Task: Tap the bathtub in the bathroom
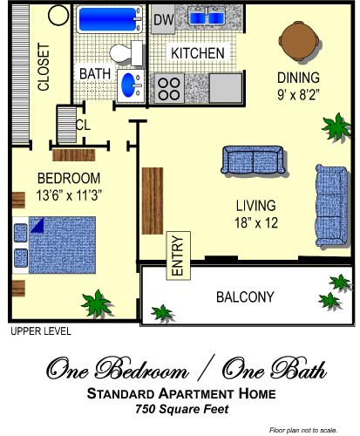coord(109,18)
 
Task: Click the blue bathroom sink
coord(129,85)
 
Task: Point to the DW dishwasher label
coord(163,19)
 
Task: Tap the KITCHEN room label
coord(198,54)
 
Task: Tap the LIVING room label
coord(256,206)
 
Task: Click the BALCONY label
coord(246,296)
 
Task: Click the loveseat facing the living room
coord(252,160)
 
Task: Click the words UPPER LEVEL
coord(40,332)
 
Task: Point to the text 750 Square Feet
coord(180,409)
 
